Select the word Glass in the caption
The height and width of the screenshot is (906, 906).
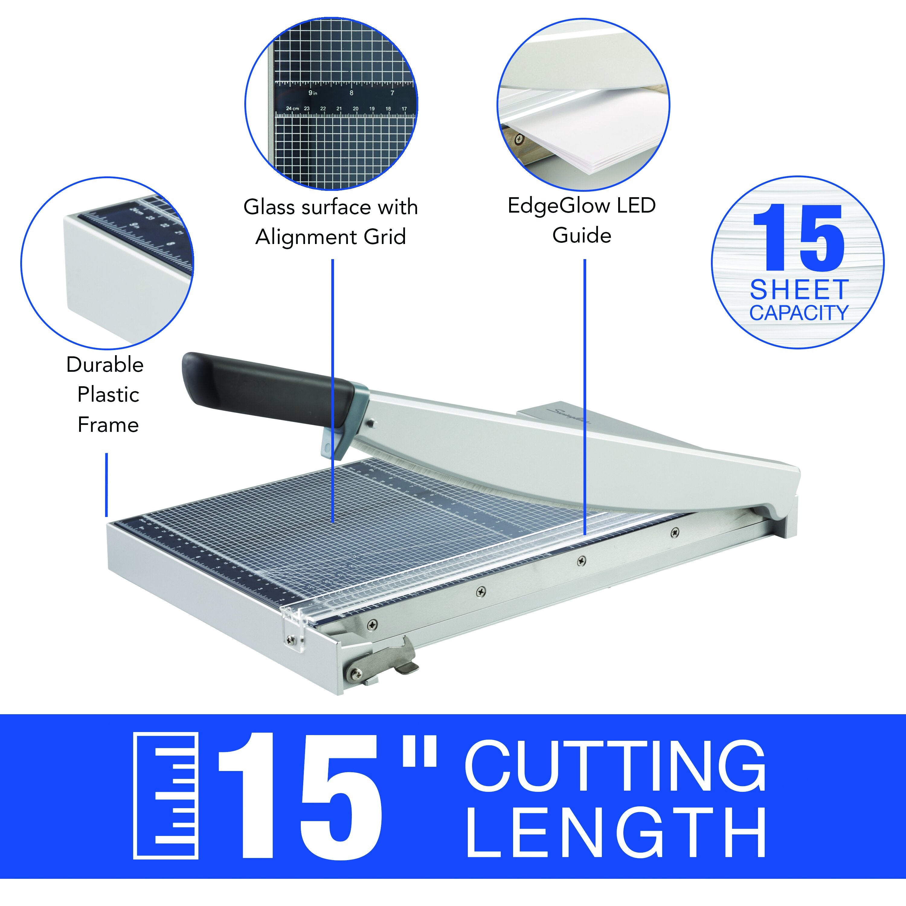[269, 207]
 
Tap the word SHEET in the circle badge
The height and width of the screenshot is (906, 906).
[798, 290]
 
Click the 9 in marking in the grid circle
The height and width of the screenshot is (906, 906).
[312, 93]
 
